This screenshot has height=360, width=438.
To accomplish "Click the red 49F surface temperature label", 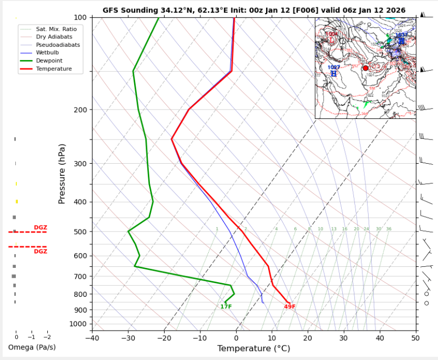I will click(290, 307).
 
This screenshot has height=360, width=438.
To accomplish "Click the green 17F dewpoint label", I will click(226, 307).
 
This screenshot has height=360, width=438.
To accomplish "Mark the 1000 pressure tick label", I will click(80, 324).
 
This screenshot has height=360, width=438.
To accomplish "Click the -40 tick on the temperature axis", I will click(92, 337).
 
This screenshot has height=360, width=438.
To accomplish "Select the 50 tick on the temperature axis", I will click(415, 337).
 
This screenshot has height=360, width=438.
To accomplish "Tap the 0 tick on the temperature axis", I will click(236, 337).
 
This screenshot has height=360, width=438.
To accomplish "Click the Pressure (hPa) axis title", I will click(62, 174).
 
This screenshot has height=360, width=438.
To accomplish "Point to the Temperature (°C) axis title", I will click(253, 348).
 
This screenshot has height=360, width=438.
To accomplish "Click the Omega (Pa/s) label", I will click(32, 347).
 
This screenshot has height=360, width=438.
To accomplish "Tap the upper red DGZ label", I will click(40, 227).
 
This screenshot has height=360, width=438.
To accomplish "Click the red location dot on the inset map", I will click(365, 68).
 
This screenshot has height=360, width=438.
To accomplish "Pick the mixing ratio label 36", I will click(389, 229).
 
